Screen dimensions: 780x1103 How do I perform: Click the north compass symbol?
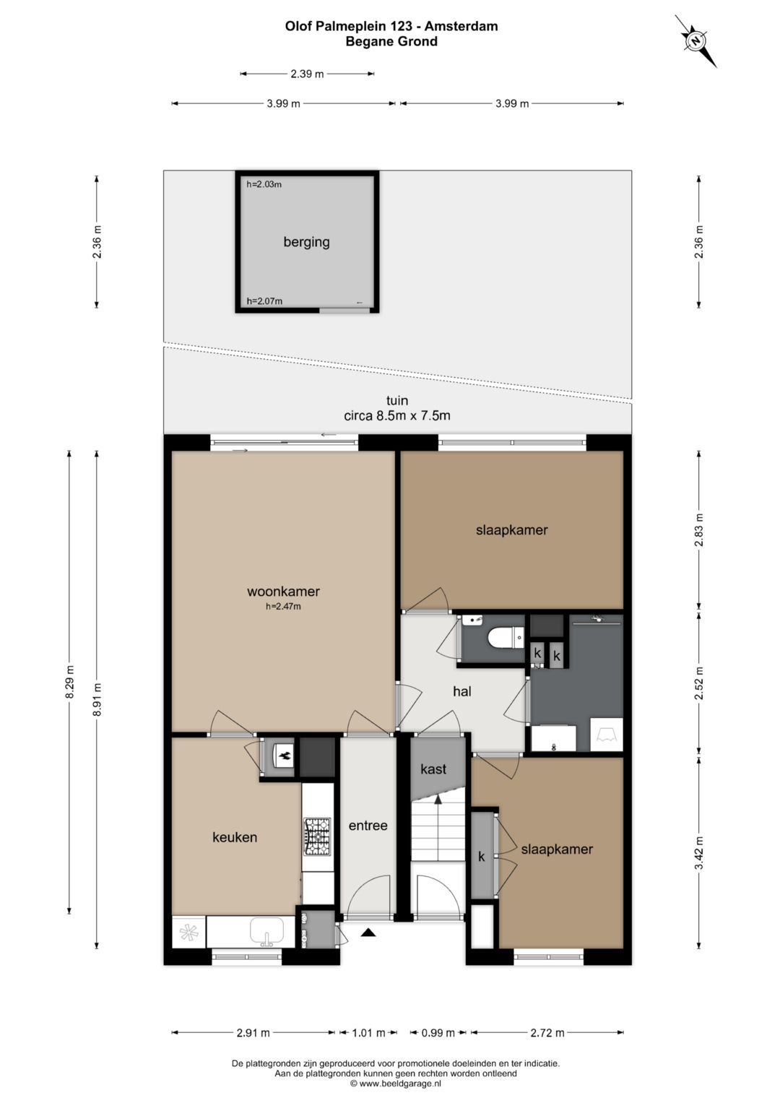[x=695, y=41]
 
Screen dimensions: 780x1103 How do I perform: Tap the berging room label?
[x=306, y=242]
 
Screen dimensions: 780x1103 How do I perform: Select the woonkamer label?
[x=283, y=591]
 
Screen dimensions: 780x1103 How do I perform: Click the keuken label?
[x=235, y=837]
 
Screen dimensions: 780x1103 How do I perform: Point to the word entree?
[x=368, y=826]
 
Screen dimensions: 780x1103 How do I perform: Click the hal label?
[x=462, y=691]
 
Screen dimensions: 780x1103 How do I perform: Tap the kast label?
[x=433, y=769]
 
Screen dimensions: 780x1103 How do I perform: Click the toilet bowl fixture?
[x=506, y=639]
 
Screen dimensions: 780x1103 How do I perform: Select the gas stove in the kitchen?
[x=318, y=836]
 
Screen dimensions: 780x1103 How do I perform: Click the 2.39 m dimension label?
[x=307, y=74]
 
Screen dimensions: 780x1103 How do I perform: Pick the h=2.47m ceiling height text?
[x=283, y=607]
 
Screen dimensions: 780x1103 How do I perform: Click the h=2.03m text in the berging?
[x=264, y=185]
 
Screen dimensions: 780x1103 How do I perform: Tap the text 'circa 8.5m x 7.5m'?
[x=397, y=415]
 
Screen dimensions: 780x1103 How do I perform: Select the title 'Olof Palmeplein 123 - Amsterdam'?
[x=391, y=26]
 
